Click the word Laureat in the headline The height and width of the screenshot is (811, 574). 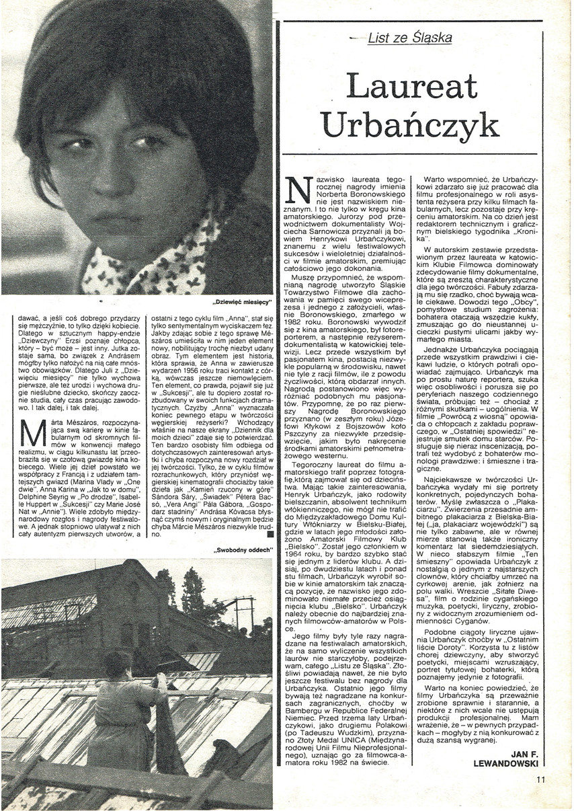click(411, 86)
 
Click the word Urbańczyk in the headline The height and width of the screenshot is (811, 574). click(409, 125)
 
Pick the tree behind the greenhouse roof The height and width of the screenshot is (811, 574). click(190, 592)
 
